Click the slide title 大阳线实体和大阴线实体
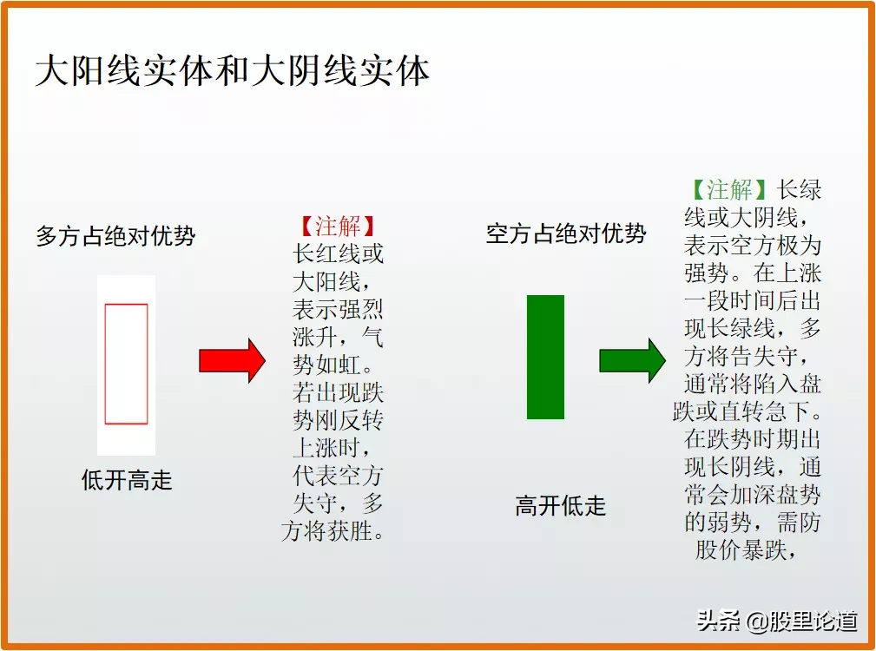click(233, 71)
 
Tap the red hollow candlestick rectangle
click(126, 364)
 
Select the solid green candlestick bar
click(545, 357)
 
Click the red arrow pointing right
click(232, 360)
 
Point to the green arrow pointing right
click(632, 360)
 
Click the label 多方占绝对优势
click(115, 236)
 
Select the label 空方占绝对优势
click(566, 233)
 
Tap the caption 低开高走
click(127, 480)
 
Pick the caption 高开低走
click(561, 506)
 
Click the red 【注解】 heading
click(337, 227)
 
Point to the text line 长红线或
click(339, 254)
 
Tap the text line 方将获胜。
click(333, 530)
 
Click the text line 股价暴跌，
click(746, 550)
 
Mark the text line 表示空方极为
click(752, 245)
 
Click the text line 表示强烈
click(339, 310)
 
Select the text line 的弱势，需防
click(752, 523)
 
